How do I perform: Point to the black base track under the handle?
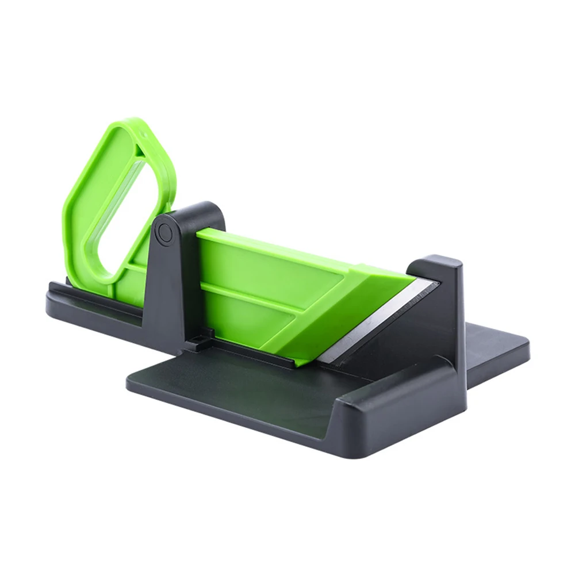(92, 305)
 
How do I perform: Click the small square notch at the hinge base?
(208, 334)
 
